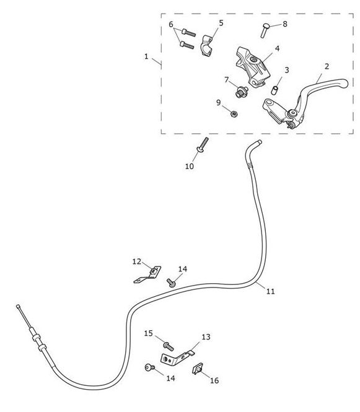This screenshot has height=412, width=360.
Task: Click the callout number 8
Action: pyautogui.click(x=285, y=24)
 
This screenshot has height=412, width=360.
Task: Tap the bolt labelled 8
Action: pyautogui.click(x=265, y=30)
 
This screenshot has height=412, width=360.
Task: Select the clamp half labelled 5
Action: pyautogui.click(x=207, y=46)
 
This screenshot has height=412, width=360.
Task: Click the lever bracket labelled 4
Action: pyautogui.click(x=253, y=66)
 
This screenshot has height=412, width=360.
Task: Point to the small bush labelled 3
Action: pyautogui.click(x=275, y=90)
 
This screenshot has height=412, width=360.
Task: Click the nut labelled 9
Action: pyautogui.click(x=234, y=114)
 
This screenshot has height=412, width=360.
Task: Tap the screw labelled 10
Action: pyautogui.click(x=203, y=145)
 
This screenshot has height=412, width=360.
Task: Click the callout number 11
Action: pyautogui.click(x=270, y=291)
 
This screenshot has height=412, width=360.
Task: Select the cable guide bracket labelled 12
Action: pyautogui.click(x=149, y=274)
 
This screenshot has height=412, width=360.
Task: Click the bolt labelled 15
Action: pyautogui.click(x=168, y=346)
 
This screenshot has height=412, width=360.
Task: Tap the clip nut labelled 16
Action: pyautogui.click(x=198, y=369)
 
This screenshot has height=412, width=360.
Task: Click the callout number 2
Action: pyautogui.click(x=327, y=66)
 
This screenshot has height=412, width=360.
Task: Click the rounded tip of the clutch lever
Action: pyautogui.click(x=346, y=83)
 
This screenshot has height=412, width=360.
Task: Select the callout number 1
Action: pyautogui.click(x=146, y=56)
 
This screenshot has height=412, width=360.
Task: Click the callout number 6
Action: pyautogui.click(x=171, y=24)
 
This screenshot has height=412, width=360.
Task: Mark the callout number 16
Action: pyautogui.click(x=214, y=380)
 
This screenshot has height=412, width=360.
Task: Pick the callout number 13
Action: pyautogui.click(x=206, y=337)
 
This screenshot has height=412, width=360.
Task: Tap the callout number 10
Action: pyautogui.click(x=189, y=166)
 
